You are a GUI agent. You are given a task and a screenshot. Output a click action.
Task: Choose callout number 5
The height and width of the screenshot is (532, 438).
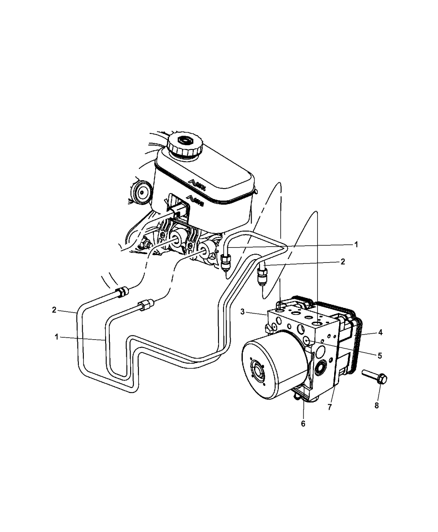(x=380, y=356)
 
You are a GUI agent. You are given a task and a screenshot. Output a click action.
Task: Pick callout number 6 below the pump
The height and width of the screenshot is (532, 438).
(x=303, y=424)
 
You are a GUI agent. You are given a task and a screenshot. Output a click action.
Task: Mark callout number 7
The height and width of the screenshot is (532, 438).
(x=330, y=407)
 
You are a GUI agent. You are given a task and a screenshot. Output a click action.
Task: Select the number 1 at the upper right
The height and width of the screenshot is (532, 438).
(x=356, y=245)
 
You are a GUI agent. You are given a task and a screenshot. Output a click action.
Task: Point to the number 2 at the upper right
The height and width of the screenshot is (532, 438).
(x=342, y=262)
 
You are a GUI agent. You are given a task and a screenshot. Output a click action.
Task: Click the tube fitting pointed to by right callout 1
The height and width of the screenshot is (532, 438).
(x=225, y=262)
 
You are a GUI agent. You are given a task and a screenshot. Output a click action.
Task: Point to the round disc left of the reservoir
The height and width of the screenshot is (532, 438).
(x=142, y=192)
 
